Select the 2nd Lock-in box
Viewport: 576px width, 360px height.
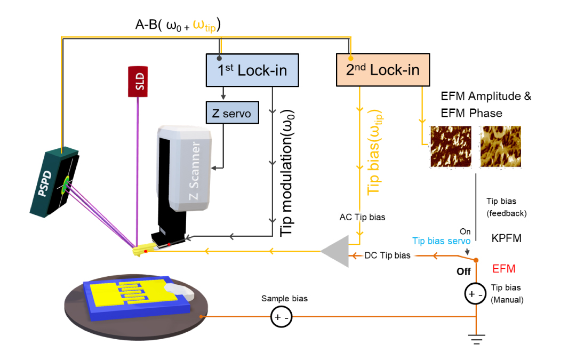pyautogui.click(x=382, y=69)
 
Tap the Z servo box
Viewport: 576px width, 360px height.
pyautogui.click(x=231, y=113)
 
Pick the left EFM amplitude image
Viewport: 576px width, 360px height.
pyautogui.click(x=451, y=147)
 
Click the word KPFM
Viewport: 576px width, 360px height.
pyautogui.click(x=507, y=239)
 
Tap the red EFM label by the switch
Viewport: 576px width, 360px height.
pyautogui.click(x=503, y=269)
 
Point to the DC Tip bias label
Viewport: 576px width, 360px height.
pyautogui.click(x=388, y=255)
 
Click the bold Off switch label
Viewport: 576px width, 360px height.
pyautogui.click(x=463, y=271)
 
